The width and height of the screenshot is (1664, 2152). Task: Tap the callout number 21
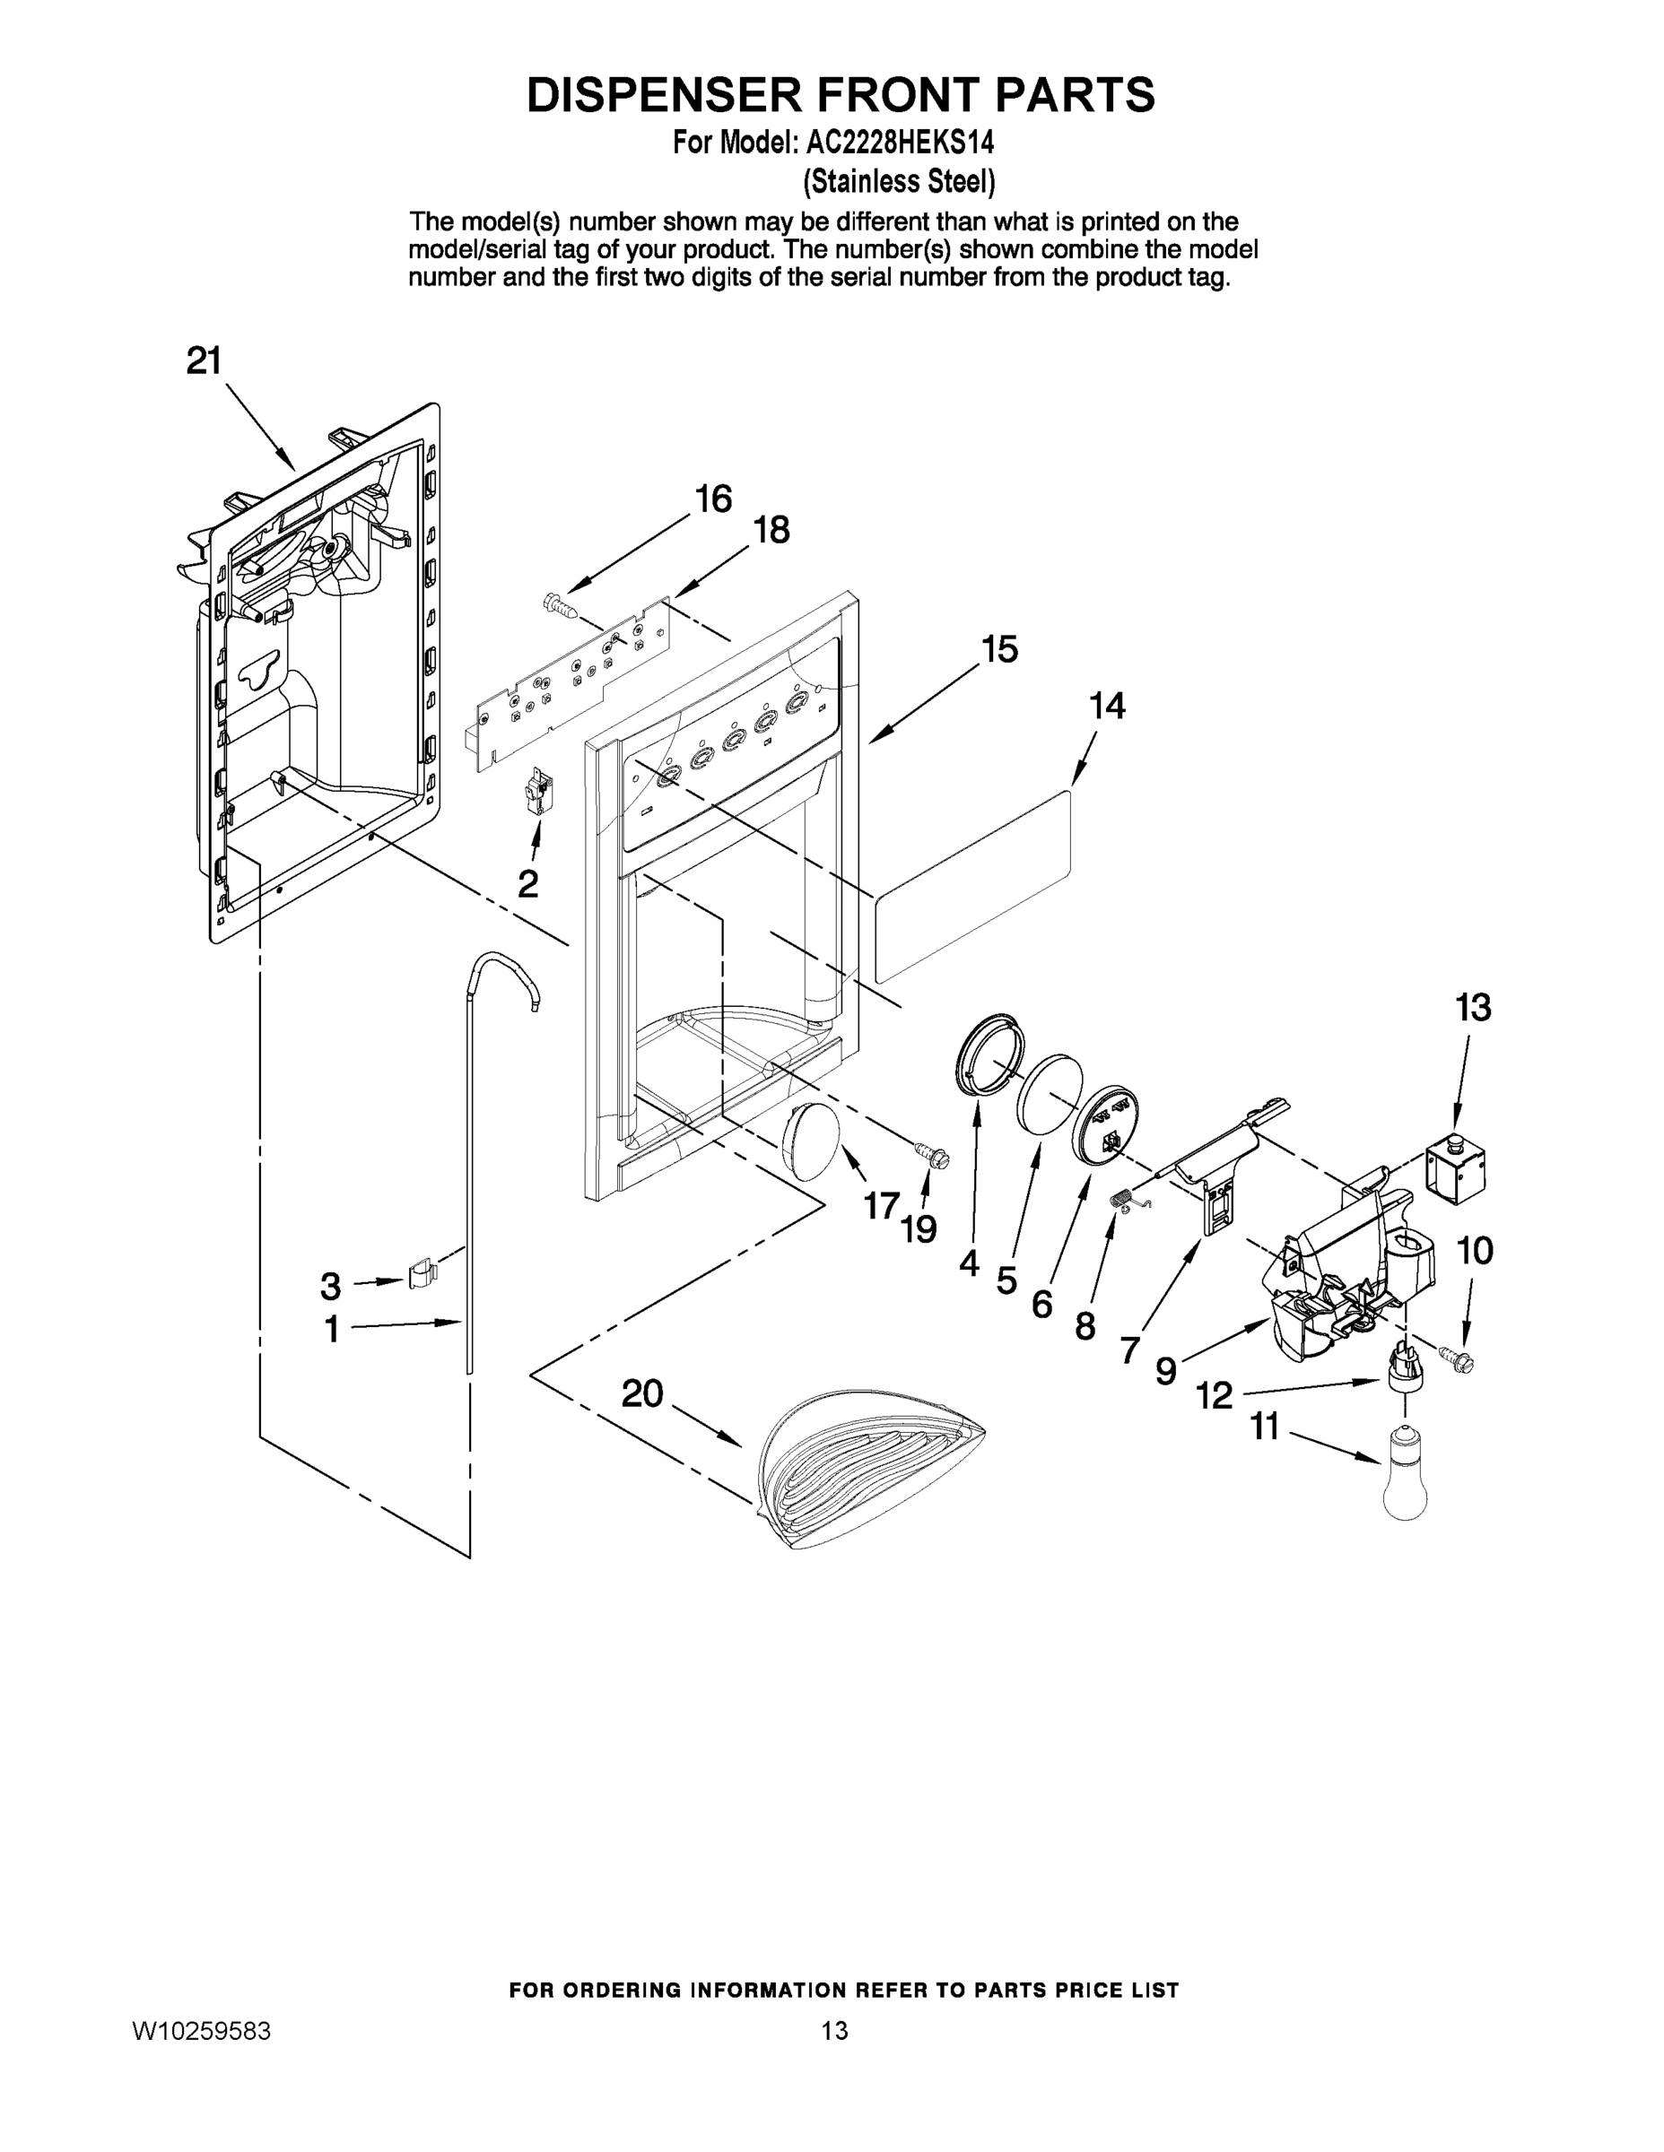[204, 361]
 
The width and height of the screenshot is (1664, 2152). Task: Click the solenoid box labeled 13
[1456, 1169]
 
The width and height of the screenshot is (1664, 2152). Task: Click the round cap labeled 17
[810, 1141]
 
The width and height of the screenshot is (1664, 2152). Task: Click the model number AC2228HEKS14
[899, 143]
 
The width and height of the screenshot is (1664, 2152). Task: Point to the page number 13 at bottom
[834, 2031]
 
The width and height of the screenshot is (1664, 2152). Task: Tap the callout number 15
[998, 650]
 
